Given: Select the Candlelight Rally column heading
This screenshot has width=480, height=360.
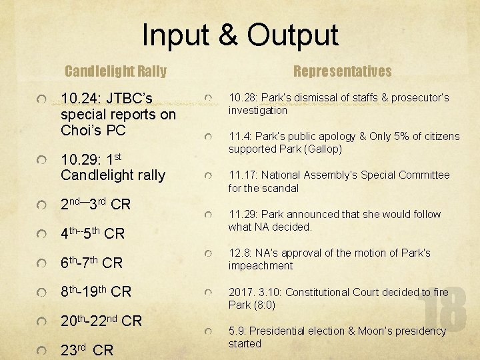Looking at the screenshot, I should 115,71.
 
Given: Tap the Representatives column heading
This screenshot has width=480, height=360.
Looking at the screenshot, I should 343,71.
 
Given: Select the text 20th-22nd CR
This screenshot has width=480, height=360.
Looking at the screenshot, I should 101,321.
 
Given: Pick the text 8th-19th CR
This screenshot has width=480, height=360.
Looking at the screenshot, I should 96,291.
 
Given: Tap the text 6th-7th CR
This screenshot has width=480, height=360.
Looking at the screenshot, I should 91,263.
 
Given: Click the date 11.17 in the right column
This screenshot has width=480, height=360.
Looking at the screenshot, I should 242,175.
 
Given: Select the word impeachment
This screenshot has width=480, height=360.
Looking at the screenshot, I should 261,266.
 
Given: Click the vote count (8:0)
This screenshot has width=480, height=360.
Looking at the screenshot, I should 263,305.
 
